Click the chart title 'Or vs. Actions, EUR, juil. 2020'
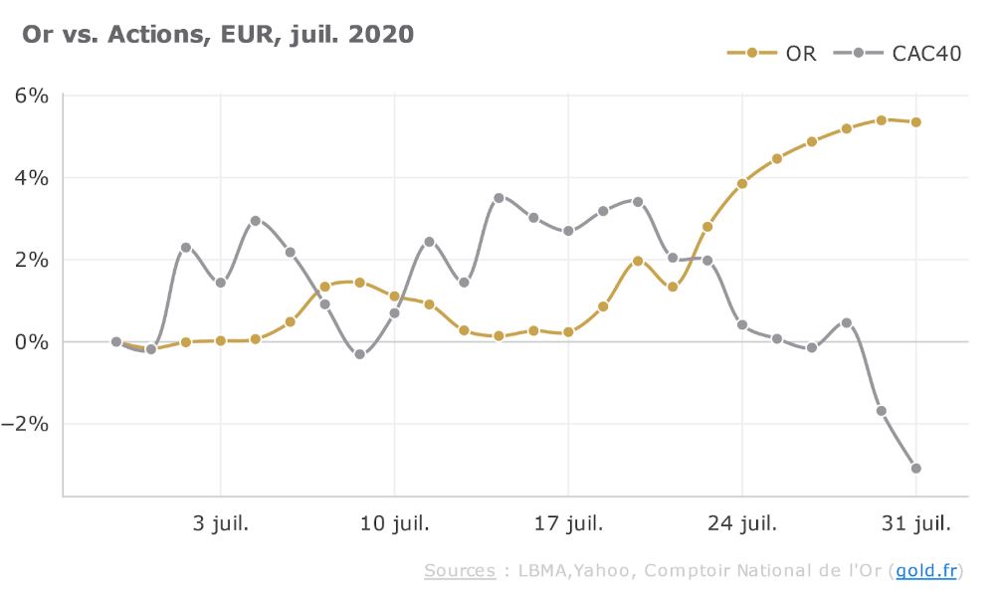point(218,34)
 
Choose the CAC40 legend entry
point(911,53)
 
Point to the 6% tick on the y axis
point(31,97)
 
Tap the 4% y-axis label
point(31,178)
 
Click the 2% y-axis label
point(31,260)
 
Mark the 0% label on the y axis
point(31,341)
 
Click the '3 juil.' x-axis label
point(221,522)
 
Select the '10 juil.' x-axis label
point(394,522)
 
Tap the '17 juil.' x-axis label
point(568,522)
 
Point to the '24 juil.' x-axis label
point(742,522)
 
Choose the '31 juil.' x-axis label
point(915,522)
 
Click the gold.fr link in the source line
point(925,570)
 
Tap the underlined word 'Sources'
point(459,570)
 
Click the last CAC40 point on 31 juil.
point(915,468)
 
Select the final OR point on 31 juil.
point(915,122)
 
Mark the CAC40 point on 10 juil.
point(394,312)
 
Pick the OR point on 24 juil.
point(742,183)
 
